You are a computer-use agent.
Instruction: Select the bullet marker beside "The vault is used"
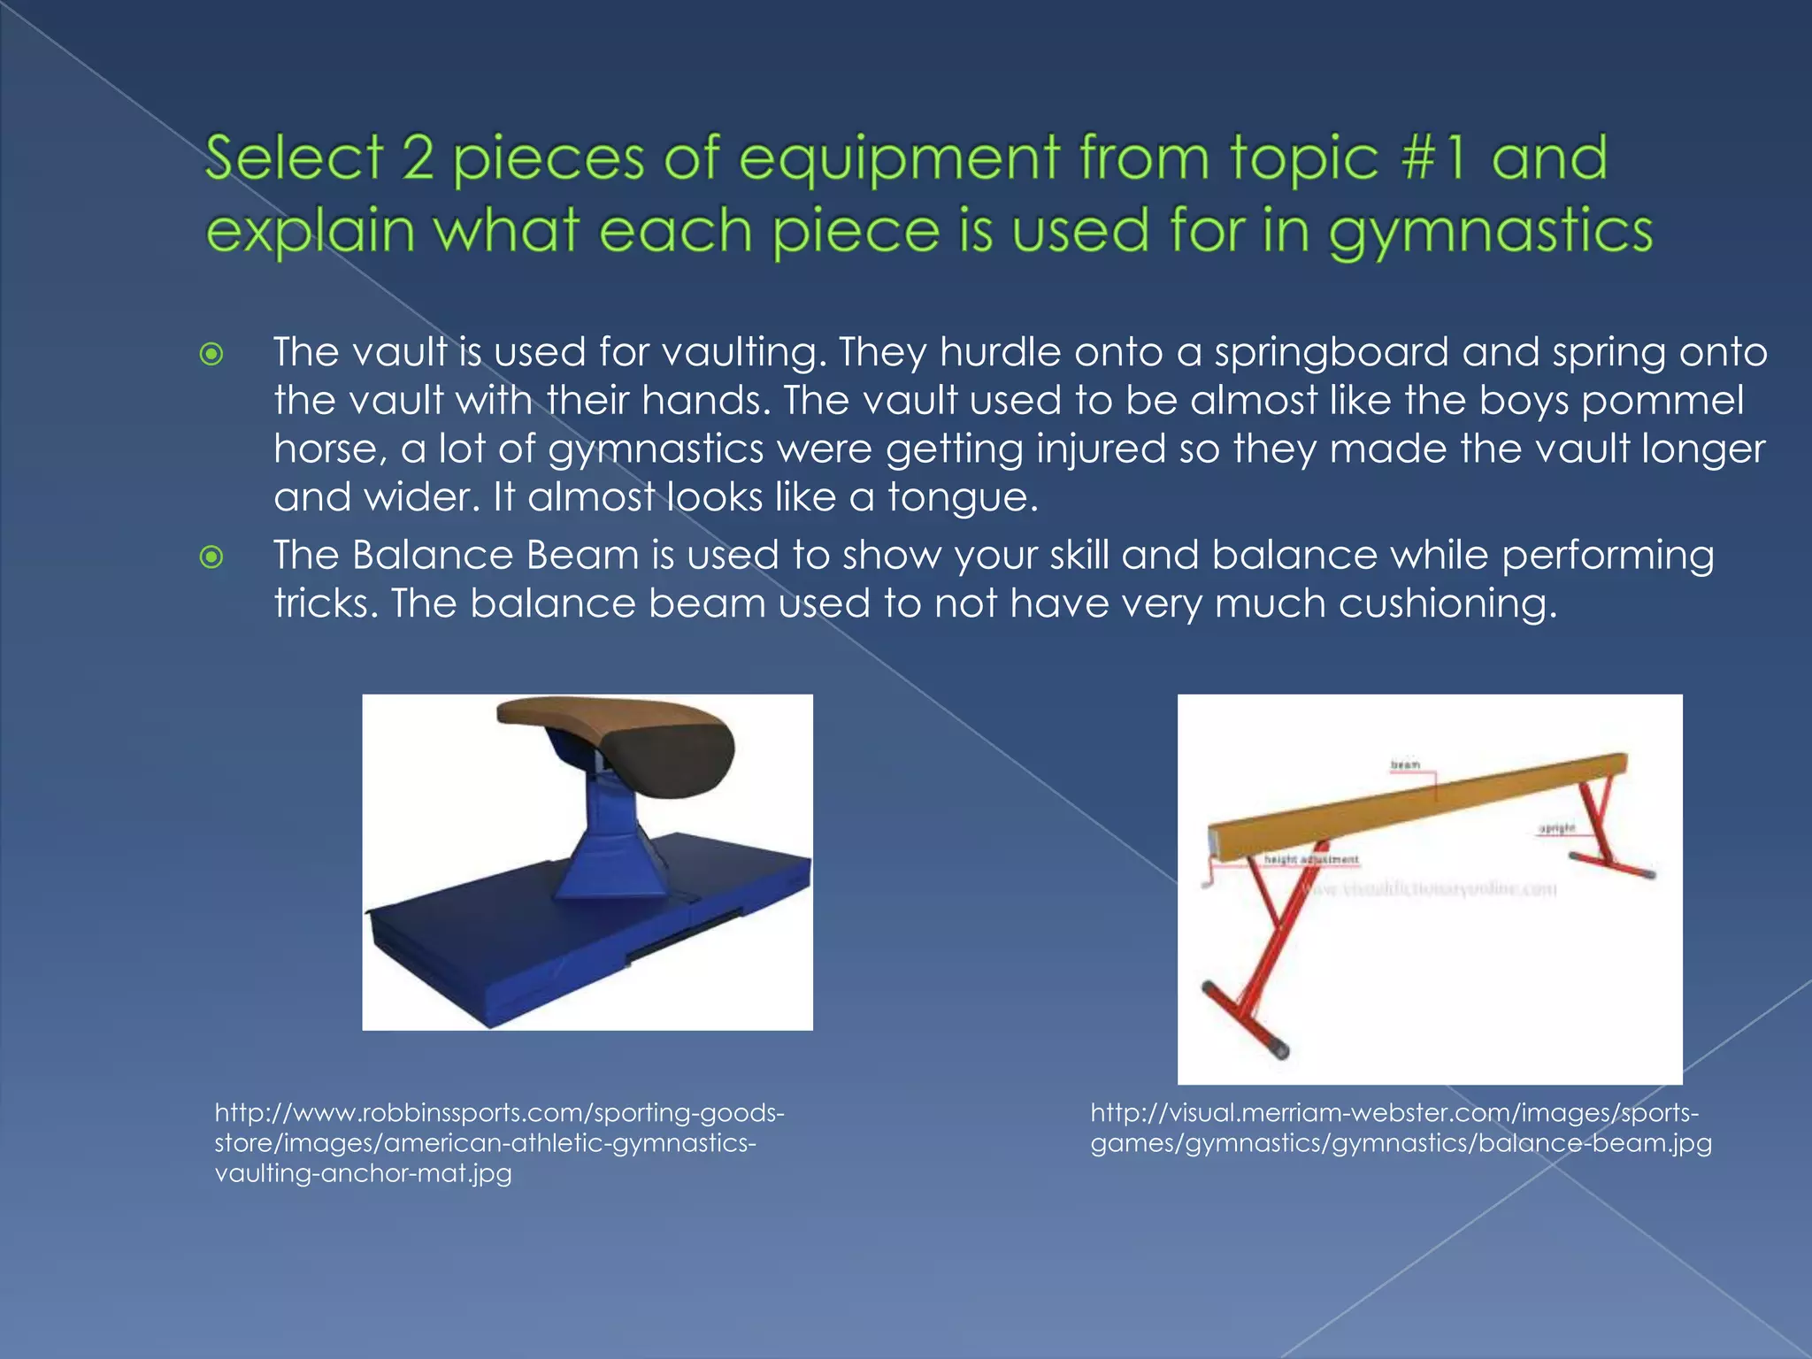click(x=211, y=355)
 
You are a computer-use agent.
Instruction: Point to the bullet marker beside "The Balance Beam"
click(x=211, y=557)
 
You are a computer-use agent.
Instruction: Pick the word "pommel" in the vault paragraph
click(x=1662, y=400)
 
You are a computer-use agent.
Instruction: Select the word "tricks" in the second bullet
click(x=325, y=604)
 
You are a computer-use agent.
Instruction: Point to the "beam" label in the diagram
click(x=1405, y=764)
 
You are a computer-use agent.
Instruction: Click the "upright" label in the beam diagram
click(x=1556, y=828)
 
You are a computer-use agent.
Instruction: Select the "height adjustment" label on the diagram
click(x=1310, y=859)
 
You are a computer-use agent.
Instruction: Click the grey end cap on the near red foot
click(x=1279, y=1049)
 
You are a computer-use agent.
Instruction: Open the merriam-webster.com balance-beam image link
click(x=1401, y=1128)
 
